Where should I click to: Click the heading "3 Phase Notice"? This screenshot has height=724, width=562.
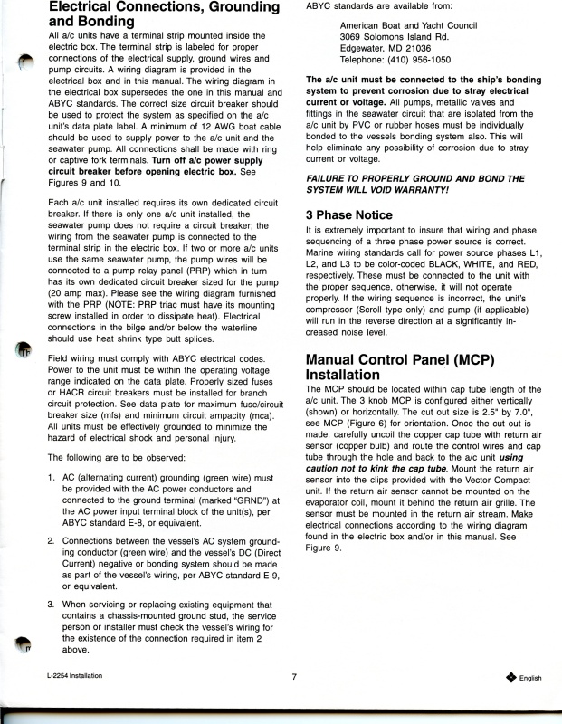pos(349,215)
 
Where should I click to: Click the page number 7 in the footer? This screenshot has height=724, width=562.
pos(294,676)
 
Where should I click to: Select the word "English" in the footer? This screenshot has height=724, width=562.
pos(530,678)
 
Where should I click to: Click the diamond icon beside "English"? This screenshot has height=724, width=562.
pos(510,677)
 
